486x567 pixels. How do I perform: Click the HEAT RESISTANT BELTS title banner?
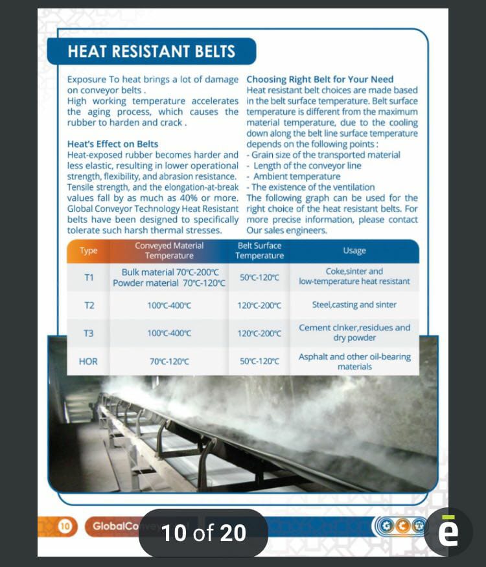tap(151, 51)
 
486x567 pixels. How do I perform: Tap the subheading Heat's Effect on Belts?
tap(113, 144)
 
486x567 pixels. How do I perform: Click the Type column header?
tap(89, 251)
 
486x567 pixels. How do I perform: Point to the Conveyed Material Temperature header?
tap(169, 251)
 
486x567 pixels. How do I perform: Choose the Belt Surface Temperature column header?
tap(259, 251)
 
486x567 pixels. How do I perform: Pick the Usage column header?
tap(354, 251)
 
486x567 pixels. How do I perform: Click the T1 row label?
tap(89, 277)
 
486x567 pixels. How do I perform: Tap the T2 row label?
tap(89, 305)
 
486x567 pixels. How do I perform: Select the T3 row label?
tap(89, 333)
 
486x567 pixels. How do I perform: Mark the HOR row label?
tap(88, 362)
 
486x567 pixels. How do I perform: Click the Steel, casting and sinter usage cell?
tap(354, 305)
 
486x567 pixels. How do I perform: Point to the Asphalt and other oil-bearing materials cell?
tap(354, 362)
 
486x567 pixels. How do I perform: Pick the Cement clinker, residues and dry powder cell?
tap(354, 333)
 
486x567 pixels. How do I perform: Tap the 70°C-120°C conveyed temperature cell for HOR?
tap(169, 362)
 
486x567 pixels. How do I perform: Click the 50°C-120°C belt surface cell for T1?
tap(259, 277)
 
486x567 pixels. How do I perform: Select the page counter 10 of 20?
tap(203, 533)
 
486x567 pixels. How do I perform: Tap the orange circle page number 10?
tap(65, 526)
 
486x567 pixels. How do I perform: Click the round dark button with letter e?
tap(448, 532)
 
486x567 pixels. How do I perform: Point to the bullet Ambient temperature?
tap(296, 176)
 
